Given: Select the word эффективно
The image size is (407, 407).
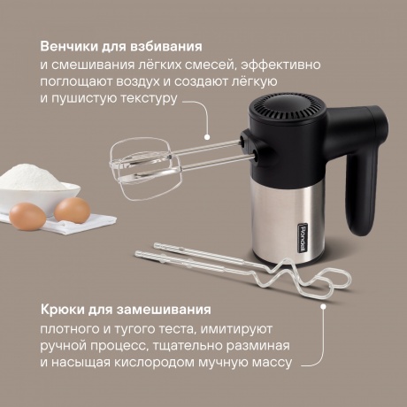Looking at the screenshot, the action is click(x=280, y=65).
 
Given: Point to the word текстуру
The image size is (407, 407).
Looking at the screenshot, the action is click(x=149, y=99).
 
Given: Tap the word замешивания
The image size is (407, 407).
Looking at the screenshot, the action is click(x=164, y=310).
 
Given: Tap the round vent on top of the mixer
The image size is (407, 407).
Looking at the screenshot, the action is click(x=288, y=107).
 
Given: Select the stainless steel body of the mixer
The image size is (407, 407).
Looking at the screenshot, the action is click(x=284, y=221).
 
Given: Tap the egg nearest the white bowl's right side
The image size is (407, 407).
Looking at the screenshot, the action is click(x=73, y=210).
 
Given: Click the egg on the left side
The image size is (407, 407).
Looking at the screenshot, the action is click(x=27, y=217).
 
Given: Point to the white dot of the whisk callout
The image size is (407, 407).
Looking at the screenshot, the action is click(x=207, y=137).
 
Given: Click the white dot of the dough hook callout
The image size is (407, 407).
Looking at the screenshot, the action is click(x=323, y=307).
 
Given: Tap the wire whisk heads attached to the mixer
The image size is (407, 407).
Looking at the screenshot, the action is click(x=145, y=168).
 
